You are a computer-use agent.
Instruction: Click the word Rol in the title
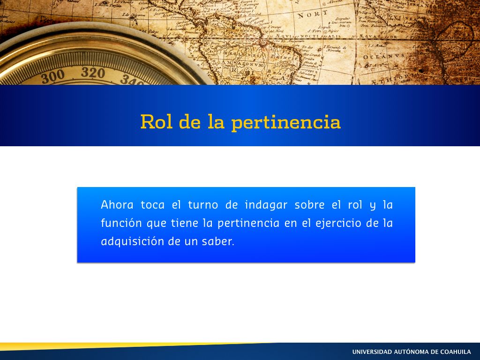(156, 121)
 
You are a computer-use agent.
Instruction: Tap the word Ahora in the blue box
(117, 204)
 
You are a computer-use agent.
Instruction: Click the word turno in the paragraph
(203, 205)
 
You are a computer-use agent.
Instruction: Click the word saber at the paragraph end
(218, 241)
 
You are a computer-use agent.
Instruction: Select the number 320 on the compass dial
(93, 73)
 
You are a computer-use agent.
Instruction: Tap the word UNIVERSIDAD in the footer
(372, 352)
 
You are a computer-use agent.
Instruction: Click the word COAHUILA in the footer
(455, 352)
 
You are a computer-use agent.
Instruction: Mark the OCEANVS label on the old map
(384, 57)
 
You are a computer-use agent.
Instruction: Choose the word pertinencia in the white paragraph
(248, 223)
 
